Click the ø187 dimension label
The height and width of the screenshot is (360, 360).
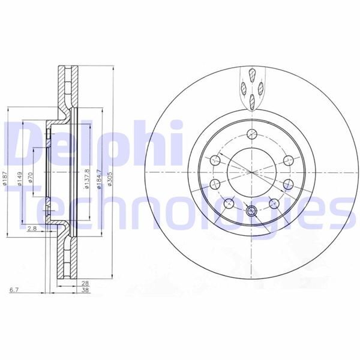5,178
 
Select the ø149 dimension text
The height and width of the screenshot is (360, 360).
20,178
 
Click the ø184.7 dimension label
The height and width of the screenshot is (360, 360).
97,178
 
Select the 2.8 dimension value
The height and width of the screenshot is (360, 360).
32,229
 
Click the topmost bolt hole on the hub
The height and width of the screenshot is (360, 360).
251,133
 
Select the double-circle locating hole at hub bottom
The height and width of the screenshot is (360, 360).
251,211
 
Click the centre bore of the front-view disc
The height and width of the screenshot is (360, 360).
251,172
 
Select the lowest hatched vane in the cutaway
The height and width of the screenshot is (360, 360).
253,102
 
